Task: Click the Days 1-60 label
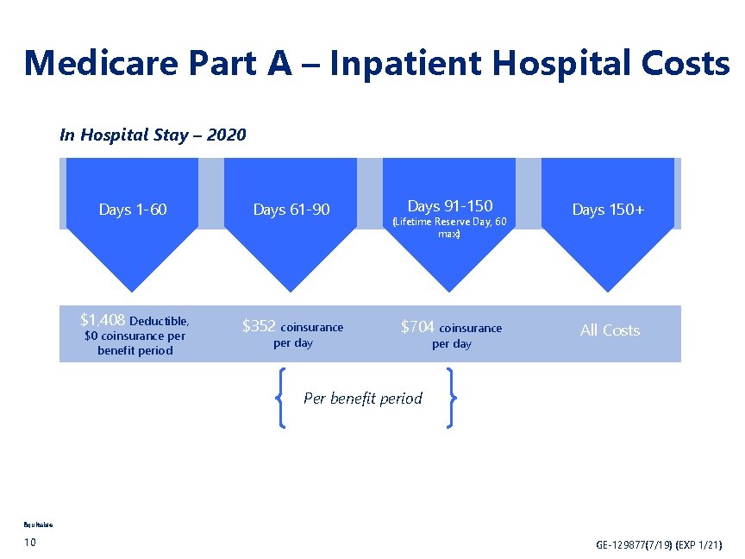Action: point(133,210)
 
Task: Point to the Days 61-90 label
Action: point(291,210)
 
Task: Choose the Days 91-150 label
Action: point(449,205)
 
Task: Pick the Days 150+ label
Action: point(608,210)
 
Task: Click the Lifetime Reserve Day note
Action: point(449,228)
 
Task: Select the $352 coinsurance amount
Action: point(259,326)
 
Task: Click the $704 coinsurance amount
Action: point(417,326)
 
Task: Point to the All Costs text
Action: point(610,330)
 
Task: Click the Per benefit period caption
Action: point(363,399)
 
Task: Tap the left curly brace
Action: point(282,398)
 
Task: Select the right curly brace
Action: point(450,398)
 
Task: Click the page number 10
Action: point(30,542)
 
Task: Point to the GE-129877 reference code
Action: point(659,545)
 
